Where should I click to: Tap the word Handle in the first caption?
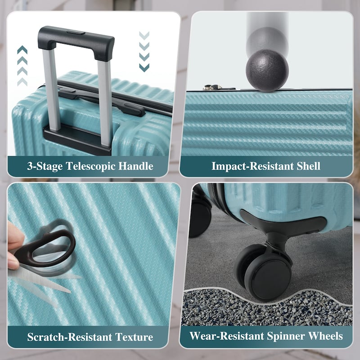(136, 166)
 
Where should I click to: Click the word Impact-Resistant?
(252, 166)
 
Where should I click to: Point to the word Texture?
(134, 337)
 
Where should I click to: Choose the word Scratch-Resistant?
(70, 337)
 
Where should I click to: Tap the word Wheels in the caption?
(325, 336)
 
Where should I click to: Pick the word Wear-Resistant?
(227, 336)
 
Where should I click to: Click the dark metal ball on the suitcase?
(267, 71)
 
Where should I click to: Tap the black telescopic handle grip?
(76, 42)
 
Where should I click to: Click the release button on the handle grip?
(76, 32)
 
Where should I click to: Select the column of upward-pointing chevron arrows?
(22, 66)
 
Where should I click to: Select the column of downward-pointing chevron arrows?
(144, 51)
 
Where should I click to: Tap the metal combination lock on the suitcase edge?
(212, 87)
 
